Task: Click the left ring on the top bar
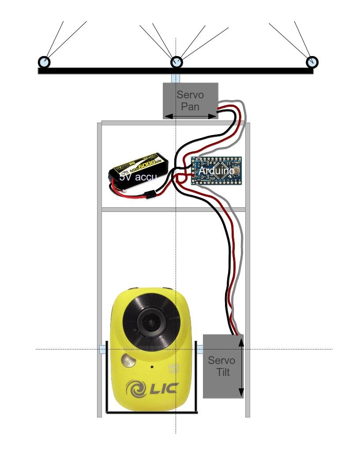pos(45,62)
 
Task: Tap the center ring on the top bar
pos(176,62)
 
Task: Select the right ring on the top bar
pos(312,62)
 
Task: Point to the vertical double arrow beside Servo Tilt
pos(241,366)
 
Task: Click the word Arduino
pos(216,170)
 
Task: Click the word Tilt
pos(223,372)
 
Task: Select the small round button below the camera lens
pos(127,361)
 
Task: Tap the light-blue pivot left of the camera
pos(102,349)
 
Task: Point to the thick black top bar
pos(110,70)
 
